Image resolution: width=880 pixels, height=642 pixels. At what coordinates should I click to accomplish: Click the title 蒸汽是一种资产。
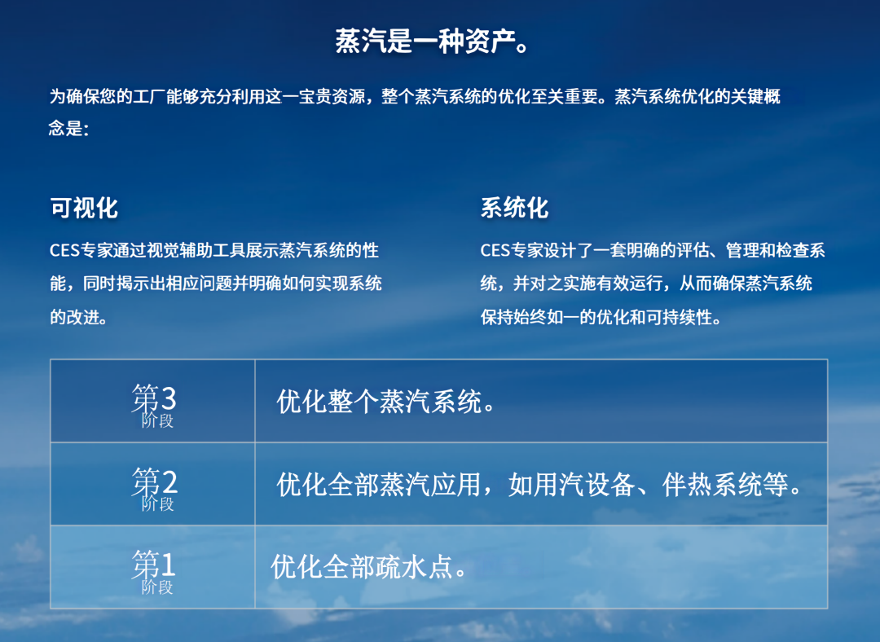433,41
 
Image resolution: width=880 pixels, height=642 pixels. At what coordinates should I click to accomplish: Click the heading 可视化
84,208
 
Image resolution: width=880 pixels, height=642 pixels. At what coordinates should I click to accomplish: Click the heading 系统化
514,208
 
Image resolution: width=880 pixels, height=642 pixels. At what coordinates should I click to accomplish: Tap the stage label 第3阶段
154,405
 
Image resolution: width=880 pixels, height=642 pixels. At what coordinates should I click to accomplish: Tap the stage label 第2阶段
154,488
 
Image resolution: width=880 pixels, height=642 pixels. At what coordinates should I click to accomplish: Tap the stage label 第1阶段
154,570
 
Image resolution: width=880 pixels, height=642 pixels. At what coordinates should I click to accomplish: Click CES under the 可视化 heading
64,251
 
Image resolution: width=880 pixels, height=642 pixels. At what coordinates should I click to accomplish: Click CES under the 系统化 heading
495,251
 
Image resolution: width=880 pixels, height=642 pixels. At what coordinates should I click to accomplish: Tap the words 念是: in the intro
68,129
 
